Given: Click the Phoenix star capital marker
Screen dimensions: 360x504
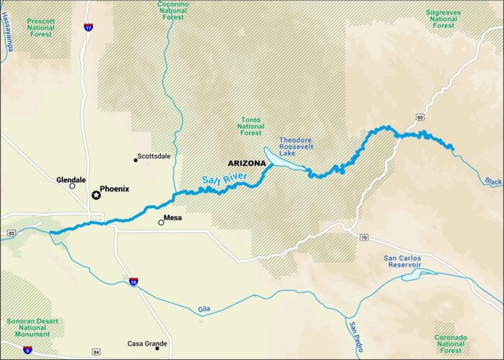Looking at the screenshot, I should pyautogui.click(x=96, y=195).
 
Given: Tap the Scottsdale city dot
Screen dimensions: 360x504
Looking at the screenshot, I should pyautogui.click(x=136, y=160).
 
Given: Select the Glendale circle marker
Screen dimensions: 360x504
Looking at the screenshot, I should pyautogui.click(x=72, y=186).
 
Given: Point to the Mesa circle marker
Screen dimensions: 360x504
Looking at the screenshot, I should pyautogui.click(x=161, y=222).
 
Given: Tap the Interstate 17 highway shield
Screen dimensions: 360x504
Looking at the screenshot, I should pyautogui.click(x=89, y=27).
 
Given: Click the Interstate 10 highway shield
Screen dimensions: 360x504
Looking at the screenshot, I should pyautogui.click(x=134, y=282).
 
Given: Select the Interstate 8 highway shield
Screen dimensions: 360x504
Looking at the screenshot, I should pyautogui.click(x=27, y=350).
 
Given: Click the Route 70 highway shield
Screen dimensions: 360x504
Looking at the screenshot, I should pyautogui.click(x=364, y=237).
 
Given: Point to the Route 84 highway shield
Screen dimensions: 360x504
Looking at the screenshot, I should pyautogui.click(x=96, y=352).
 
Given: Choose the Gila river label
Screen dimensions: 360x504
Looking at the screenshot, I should pyautogui.click(x=205, y=310).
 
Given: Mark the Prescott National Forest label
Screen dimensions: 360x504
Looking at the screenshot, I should pyautogui.click(x=41, y=27).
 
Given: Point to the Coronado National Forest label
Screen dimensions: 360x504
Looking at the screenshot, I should pyautogui.click(x=451, y=343).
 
